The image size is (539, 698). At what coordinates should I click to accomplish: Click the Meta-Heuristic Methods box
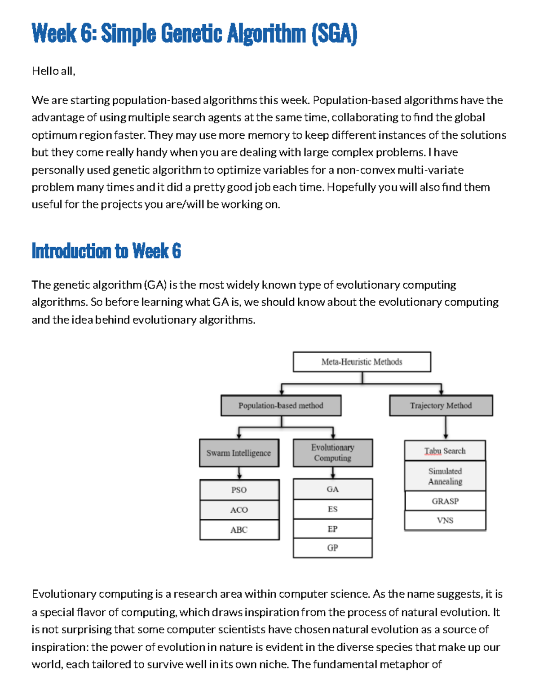click(x=362, y=362)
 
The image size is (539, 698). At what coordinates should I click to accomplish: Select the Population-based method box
click(x=281, y=405)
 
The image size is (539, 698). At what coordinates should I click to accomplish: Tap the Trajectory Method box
click(x=441, y=405)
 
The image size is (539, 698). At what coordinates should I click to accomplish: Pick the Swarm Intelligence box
click(x=239, y=453)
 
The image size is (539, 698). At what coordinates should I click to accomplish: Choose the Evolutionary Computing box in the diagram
click(x=332, y=453)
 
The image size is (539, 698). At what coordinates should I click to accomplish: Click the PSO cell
click(x=239, y=490)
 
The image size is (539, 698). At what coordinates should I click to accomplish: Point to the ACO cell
click(x=239, y=510)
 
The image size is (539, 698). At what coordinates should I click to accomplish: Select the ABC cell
click(x=239, y=530)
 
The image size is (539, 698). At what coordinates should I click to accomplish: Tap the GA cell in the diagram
click(x=332, y=489)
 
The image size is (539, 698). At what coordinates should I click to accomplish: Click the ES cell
click(x=332, y=509)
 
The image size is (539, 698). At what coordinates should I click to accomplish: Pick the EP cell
click(x=332, y=529)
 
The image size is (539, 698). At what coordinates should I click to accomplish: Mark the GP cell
click(x=332, y=548)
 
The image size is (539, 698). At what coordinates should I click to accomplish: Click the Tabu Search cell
click(x=445, y=451)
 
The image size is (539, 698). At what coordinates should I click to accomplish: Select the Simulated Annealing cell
click(x=445, y=476)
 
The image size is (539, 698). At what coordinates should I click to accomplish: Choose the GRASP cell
click(x=445, y=501)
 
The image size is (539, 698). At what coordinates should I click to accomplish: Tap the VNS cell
click(x=445, y=520)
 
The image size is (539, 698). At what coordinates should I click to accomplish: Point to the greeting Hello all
click(x=53, y=71)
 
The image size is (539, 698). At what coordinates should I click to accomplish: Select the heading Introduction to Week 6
click(x=106, y=251)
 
